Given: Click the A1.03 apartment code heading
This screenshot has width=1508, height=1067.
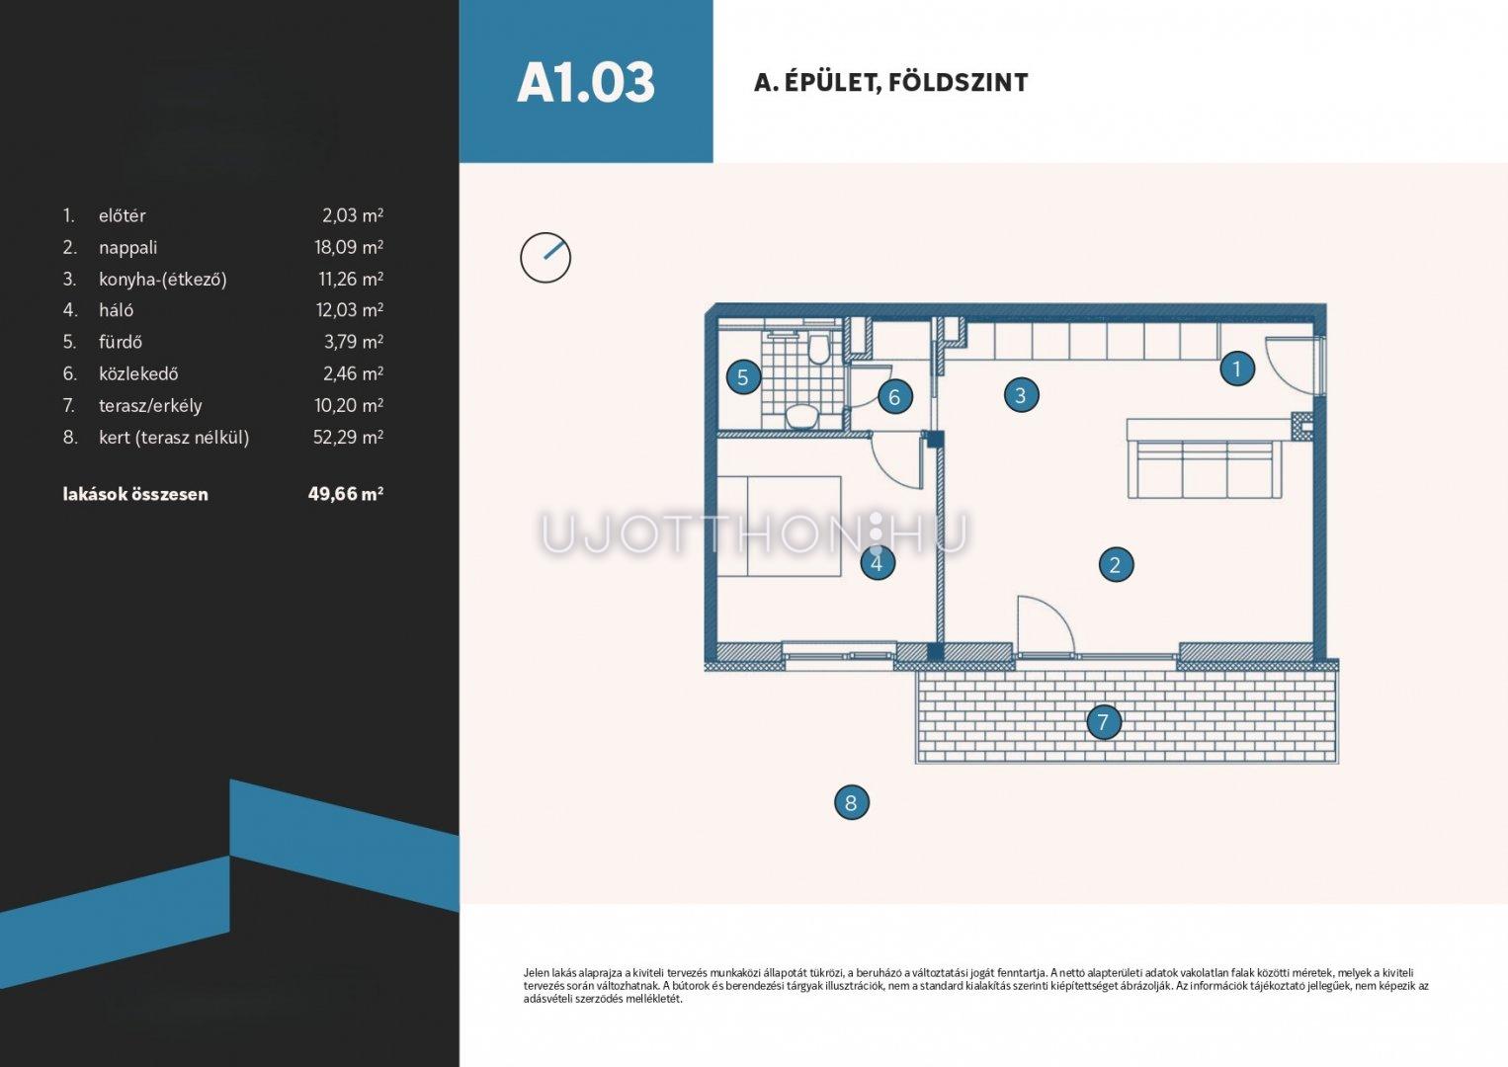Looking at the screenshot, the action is [586, 83].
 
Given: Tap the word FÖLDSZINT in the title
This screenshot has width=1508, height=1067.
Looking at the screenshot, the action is [959, 83].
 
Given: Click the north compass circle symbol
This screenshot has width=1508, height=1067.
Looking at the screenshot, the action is [545, 258].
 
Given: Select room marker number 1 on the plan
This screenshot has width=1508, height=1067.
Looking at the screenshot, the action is [1236, 369].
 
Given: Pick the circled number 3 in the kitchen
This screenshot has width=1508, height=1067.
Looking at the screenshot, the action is [1021, 395].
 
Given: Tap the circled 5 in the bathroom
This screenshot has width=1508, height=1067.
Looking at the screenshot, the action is [743, 377].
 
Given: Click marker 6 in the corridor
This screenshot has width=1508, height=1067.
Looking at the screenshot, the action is [894, 396].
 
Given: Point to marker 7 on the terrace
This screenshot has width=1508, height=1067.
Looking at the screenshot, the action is [1104, 722].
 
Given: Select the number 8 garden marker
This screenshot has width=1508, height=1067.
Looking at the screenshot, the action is [851, 802].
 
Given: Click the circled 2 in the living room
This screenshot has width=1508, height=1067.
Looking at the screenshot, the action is [1116, 565].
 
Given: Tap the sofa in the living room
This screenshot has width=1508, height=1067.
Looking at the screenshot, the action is [1205, 459].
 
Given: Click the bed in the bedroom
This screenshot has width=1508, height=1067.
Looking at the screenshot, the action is [780, 526].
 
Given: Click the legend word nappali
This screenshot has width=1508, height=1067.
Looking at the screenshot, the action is [127, 248].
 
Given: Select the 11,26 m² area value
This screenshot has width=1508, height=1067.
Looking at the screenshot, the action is [351, 279].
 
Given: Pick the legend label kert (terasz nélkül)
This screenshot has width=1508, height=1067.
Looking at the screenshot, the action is [174, 438].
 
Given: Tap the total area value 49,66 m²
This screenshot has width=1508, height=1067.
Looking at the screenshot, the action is [346, 494].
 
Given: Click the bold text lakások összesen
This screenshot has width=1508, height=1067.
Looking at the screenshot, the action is [135, 494].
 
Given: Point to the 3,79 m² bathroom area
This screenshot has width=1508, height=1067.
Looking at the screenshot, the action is [354, 342].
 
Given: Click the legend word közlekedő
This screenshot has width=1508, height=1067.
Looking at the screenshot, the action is [138, 373].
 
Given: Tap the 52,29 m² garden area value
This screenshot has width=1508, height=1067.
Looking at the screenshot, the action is [348, 438].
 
